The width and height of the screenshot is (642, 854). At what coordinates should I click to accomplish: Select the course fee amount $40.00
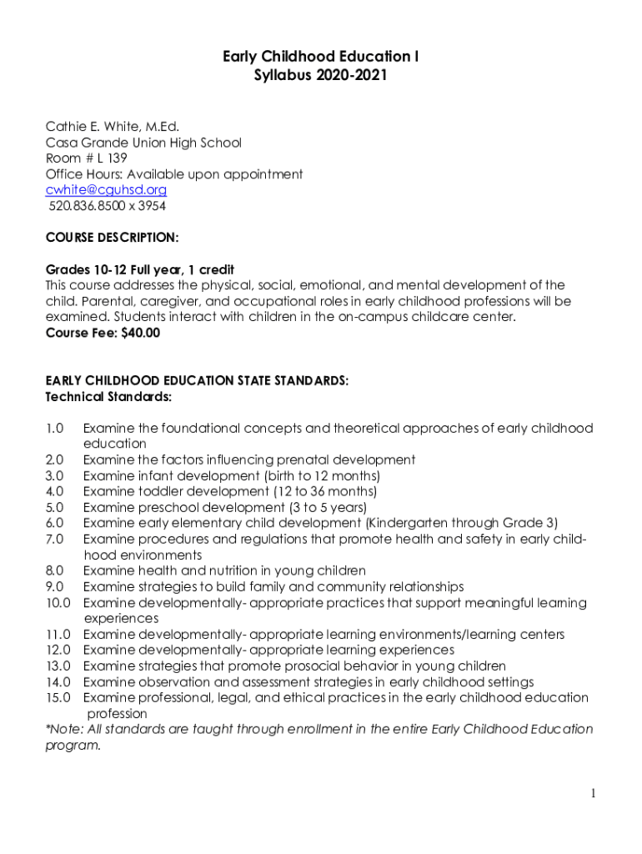[x=138, y=333]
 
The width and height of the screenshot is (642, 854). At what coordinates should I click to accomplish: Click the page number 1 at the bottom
[x=593, y=793]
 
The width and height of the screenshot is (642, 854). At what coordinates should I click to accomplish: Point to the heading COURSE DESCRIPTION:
[x=112, y=238]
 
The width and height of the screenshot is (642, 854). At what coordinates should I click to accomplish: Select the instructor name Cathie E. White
[x=93, y=127]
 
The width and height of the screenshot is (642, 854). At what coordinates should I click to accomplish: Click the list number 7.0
[x=54, y=539]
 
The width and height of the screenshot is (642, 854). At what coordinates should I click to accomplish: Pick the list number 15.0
[x=58, y=697]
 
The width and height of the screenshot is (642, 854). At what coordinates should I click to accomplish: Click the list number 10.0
[x=58, y=602]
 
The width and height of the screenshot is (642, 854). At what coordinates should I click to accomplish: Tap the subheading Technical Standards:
[x=108, y=396]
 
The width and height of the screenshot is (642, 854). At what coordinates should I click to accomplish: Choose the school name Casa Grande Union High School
[x=143, y=143]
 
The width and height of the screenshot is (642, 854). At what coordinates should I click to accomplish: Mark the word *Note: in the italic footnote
[x=63, y=729]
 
